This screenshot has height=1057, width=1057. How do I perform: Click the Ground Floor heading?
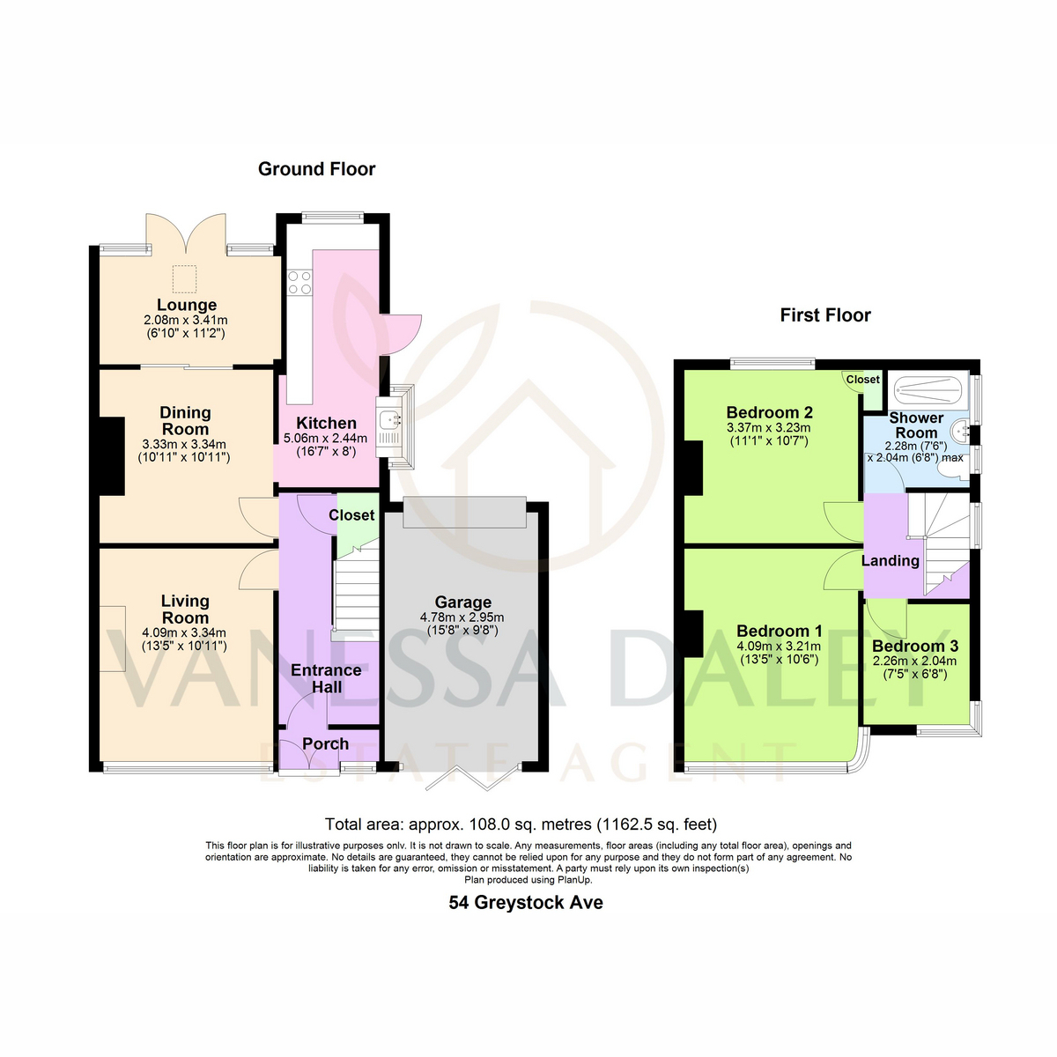click(316, 169)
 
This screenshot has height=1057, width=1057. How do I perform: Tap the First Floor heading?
click(825, 315)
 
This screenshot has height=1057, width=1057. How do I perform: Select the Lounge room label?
click(187, 305)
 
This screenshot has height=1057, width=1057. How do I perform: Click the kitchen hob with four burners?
click(299, 282)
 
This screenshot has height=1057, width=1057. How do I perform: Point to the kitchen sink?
click(389, 420)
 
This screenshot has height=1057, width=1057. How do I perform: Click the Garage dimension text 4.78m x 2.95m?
click(462, 617)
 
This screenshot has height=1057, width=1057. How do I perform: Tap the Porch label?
click(325, 743)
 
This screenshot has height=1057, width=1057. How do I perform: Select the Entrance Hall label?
click(327, 678)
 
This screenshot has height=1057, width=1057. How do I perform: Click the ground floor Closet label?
click(351, 515)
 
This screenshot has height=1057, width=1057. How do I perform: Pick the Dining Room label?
click(185, 421)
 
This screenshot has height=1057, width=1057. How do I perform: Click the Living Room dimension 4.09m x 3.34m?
click(184, 632)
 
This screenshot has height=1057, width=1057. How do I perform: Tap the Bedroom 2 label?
click(769, 412)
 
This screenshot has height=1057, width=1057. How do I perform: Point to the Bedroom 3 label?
click(915, 646)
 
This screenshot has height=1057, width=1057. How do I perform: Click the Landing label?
click(890, 560)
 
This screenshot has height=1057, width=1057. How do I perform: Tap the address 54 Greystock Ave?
click(526, 902)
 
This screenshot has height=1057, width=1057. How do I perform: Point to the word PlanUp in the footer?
click(574, 880)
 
